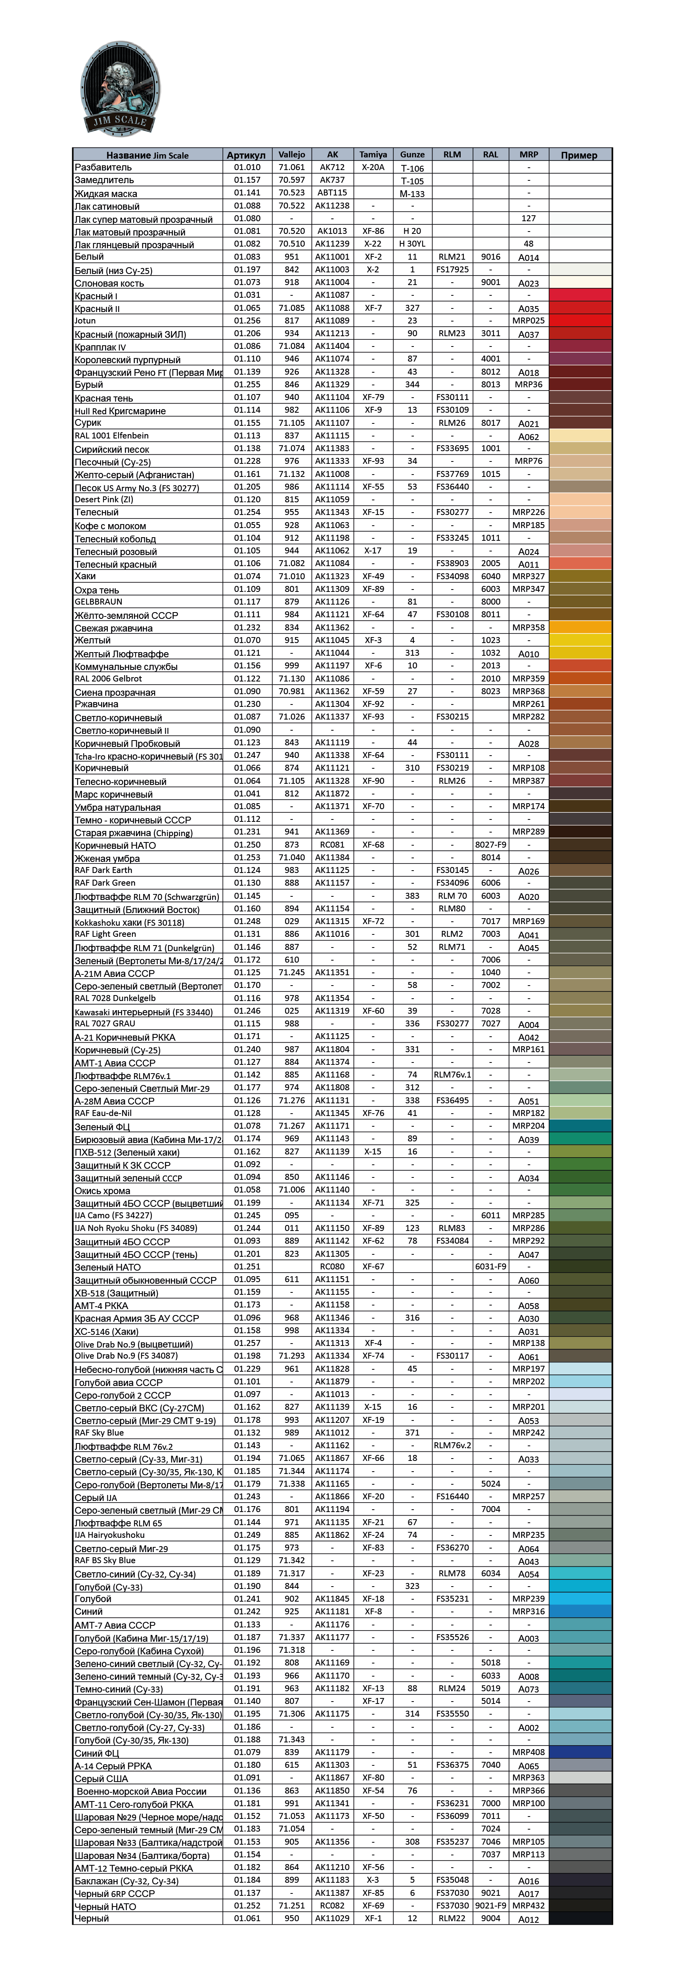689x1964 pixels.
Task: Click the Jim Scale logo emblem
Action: (x=120, y=89)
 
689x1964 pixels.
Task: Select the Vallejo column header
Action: (x=291, y=154)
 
